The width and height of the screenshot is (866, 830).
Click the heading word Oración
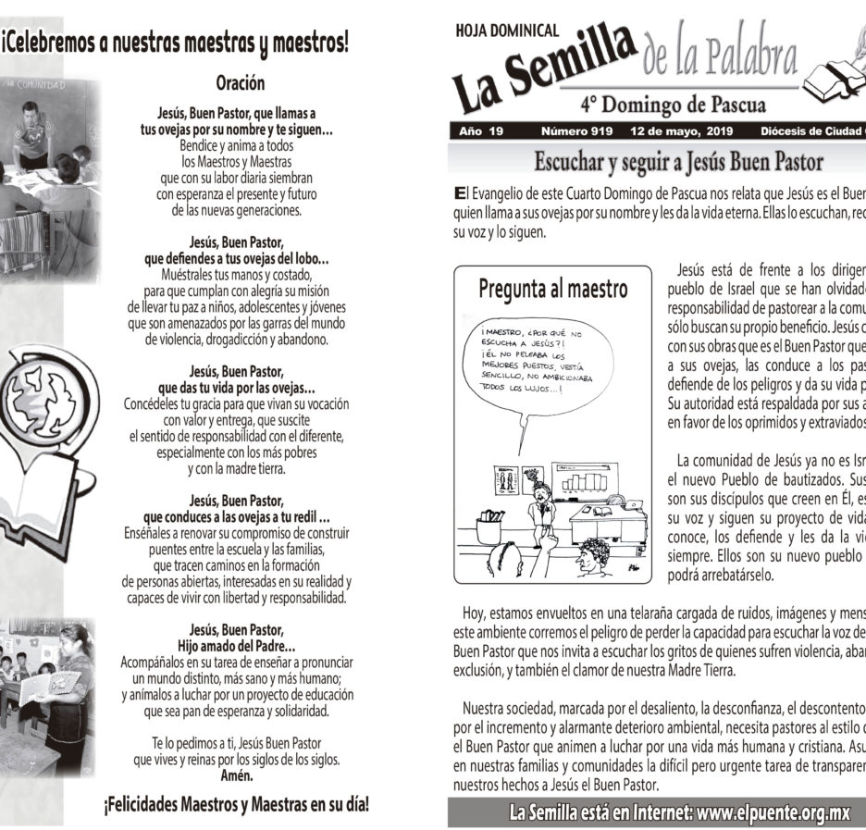pyautogui.click(x=240, y=83)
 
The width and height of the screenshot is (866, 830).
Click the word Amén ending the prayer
pyautogui.click(x=236, y=775)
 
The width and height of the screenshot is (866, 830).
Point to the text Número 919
pyautogui.click(x=575, y=132)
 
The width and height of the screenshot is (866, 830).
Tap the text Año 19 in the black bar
pyautogui.click(x=481, y=132)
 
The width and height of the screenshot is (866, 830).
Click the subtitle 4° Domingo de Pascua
pyautogui.click(x=673, y=104)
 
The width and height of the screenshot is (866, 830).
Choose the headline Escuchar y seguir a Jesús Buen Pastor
pyautogui.click(x=678, y=163)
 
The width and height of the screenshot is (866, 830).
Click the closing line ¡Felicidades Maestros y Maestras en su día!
pyautogui.click(x=236, y=804)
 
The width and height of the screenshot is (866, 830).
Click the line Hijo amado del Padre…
pyautogui.click(x=236, y=645)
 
